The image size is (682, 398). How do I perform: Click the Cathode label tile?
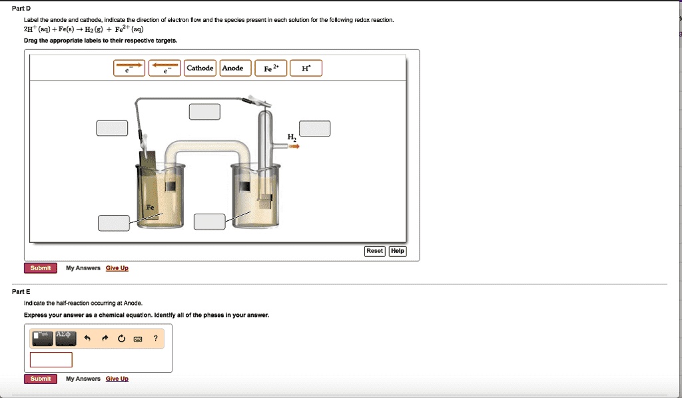tap(200, 68)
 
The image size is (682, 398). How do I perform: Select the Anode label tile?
tap(232, 68)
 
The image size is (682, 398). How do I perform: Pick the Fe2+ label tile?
tap(270, 68)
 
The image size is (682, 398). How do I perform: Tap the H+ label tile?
tap(306, 68)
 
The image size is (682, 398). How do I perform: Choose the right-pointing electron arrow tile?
tap(129, 68)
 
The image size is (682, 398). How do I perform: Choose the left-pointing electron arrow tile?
tap(165, 68)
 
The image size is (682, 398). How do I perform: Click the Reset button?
tap(374, 251)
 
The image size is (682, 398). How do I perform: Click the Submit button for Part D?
tap(41, 268)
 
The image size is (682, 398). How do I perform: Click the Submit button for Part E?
tap(41, 379)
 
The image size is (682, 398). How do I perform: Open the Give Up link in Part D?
tap(117, 268)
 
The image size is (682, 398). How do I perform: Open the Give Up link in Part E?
tap(117, 379)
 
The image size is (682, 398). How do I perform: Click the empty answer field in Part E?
tap(51, 359)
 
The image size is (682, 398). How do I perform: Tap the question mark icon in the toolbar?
tap(155, 339)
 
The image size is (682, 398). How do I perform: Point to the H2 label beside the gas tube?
tap(292, 136)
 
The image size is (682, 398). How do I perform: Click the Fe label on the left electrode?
tap(151, 208)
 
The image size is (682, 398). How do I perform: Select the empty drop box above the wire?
tap(204, 111)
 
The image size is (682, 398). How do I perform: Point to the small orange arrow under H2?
tap(294, 146)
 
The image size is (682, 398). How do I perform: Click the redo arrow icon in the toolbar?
tap(104, 339)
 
